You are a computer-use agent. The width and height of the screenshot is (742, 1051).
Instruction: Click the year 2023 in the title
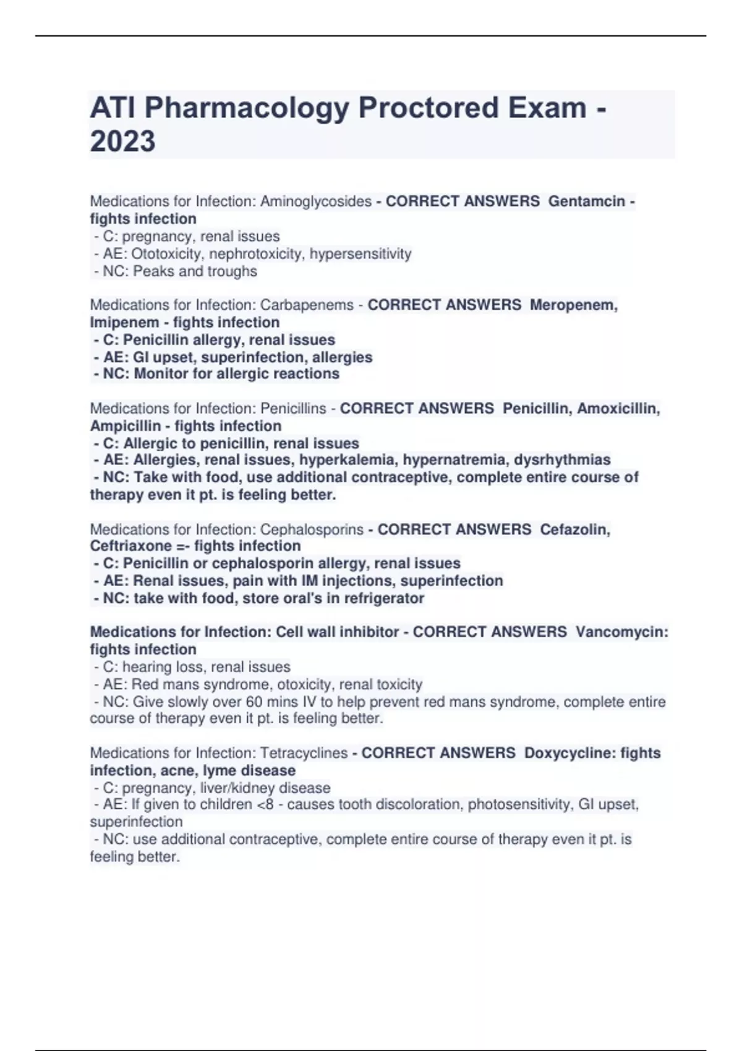(122, 141)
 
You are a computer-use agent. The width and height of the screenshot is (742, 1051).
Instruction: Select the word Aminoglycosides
(316, 202)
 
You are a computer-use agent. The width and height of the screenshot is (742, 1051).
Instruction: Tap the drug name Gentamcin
(586, 202)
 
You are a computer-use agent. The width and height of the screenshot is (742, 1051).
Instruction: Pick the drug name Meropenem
(573, 305)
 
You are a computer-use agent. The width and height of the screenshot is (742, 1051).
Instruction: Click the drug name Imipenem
(124, 323)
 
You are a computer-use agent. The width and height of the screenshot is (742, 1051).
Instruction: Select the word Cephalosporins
(312, 530)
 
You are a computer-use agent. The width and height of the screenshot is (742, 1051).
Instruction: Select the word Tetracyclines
(304, 753)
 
